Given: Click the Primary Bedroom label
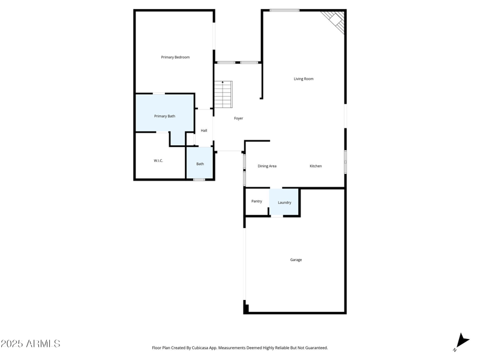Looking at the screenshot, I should (x=175, y=58).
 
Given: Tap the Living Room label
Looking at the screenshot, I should (x=304, y=79).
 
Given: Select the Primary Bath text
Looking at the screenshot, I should (x=164, y=116).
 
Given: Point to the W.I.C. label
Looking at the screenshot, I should (x=158, y=161).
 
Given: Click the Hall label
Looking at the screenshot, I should (x=204, y=131).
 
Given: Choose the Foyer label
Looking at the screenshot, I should (x=239, y=119).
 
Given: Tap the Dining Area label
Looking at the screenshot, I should (x=267, y=166).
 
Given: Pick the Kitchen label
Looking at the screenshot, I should (x=316, y=166).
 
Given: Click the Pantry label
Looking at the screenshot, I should (x=257, y=202).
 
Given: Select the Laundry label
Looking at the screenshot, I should (x=284, y=203).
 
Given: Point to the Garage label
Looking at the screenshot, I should (x=296, y=260).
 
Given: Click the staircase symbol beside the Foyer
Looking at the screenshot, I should (x=223, y=95).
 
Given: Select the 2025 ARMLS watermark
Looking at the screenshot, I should (x=30, y=344).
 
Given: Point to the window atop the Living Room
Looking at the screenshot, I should (x=284, y=10).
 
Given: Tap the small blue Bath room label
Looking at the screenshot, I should (x=200, y=164).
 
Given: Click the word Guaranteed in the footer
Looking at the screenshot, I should (x=314, y=348).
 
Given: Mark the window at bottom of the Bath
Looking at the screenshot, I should (x=199, y=179).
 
